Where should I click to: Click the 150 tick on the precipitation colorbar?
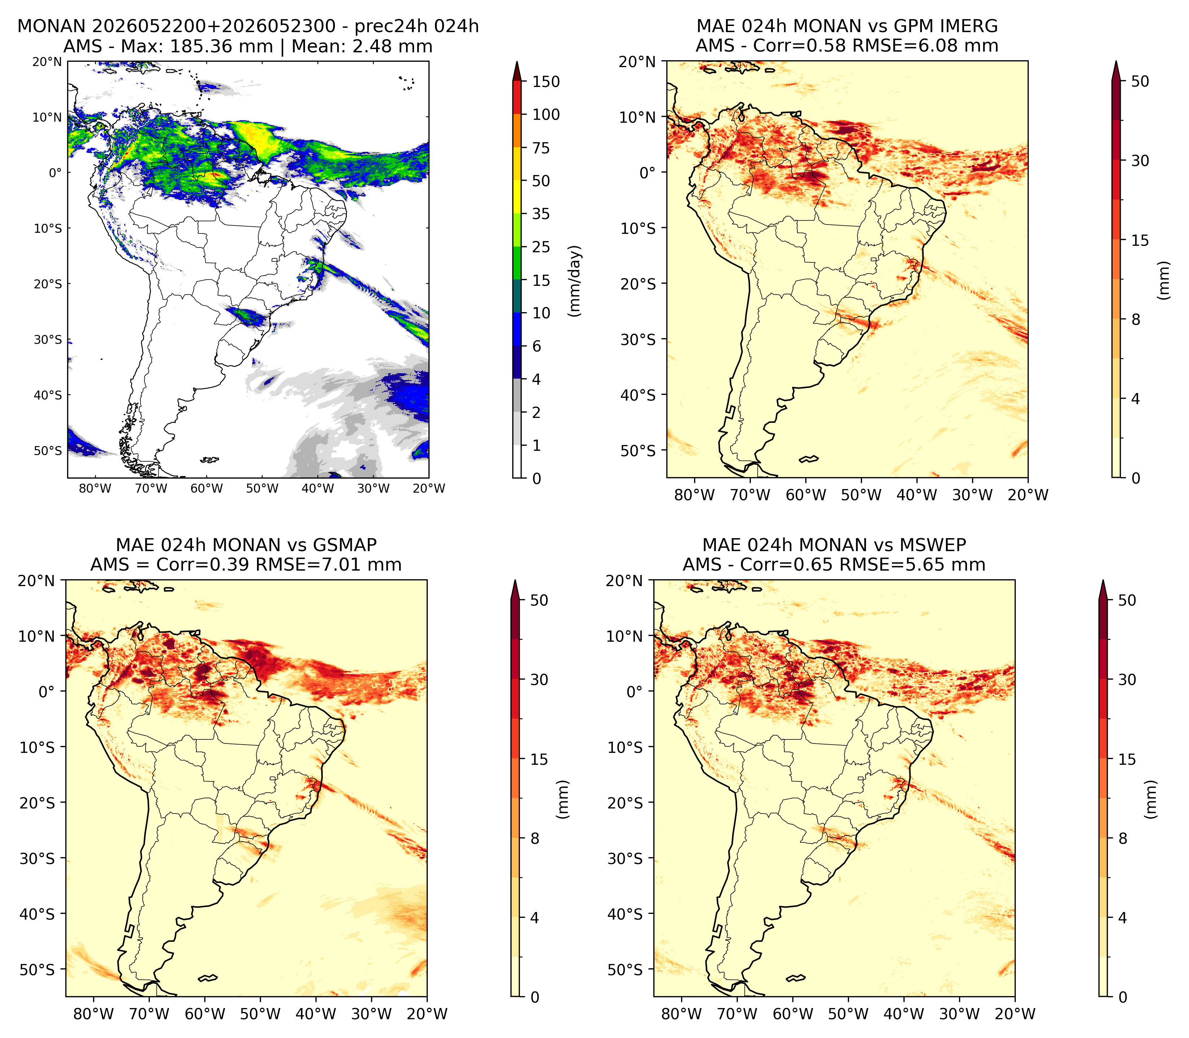pyautogui.click(x=546, y=82)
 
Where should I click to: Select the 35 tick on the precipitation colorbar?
pyautogui.click(x=541, y=214)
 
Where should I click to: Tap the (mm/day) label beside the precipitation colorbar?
pyautogui.click(x=575, y=281)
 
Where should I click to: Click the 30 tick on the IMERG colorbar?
pyautogui.click(x=1140, y=161)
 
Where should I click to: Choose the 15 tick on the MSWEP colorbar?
pyautogui.click(x=1127, y=759)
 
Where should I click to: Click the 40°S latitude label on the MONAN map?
pyautogui.click(x=48, y=395)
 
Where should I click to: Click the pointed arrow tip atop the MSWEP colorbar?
pyautogui.click(x=1103, y=581)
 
